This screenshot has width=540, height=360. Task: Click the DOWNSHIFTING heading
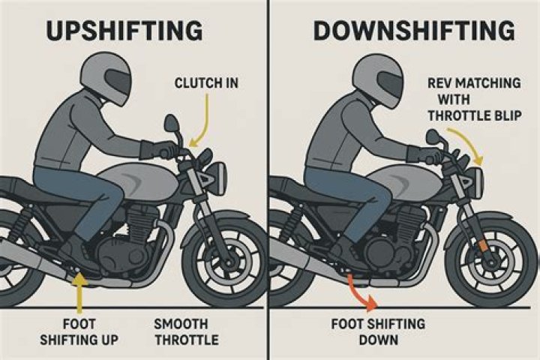(x=414, y=31)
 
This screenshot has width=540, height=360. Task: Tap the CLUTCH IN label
(x=207, y=82)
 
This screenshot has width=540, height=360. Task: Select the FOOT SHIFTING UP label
(x=90, y=331)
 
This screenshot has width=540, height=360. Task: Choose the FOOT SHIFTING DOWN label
(x=378, y=331)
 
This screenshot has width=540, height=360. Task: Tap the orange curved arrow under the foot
(x=361, y=291)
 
